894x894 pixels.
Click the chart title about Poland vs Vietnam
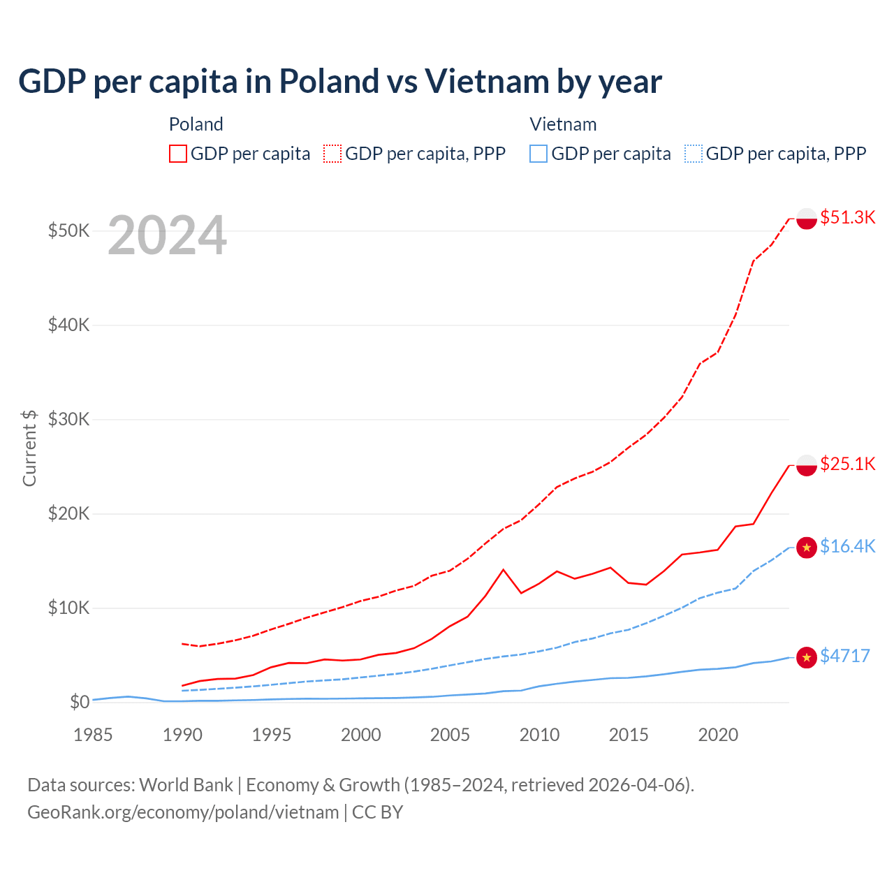click(x=339, y=82)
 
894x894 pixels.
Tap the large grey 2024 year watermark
click(x=167, y=235)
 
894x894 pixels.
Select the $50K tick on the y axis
click(x=68, y=230)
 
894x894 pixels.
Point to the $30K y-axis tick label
click(x=68, y=419)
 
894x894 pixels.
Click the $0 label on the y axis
click(x=80, y=702)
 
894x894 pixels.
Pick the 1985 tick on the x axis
click(x=93, y=735)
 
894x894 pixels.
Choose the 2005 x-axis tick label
click(x=450, y=735)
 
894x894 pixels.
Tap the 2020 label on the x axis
click(x=718, y=735)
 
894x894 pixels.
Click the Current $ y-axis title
click(x=29, y=448)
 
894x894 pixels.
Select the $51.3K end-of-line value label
click(x=847, y=217)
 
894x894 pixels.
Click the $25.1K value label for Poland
click(x=847, y=464)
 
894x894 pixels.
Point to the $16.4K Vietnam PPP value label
click(x=847, y=546)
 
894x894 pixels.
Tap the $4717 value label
click(x=845, y=656)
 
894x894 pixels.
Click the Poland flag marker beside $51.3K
click(x=807, y=218)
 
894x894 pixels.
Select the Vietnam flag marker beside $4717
click(x=807, y=657)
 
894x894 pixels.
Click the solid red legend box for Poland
click(x=178, y=154)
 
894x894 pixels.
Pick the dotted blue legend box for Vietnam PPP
click(x=694, y=154)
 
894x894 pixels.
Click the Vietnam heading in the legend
click(x=563, y=124)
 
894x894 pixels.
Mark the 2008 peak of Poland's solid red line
click(x=503, y=569)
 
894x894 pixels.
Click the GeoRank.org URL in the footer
click(x=183, y=812)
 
